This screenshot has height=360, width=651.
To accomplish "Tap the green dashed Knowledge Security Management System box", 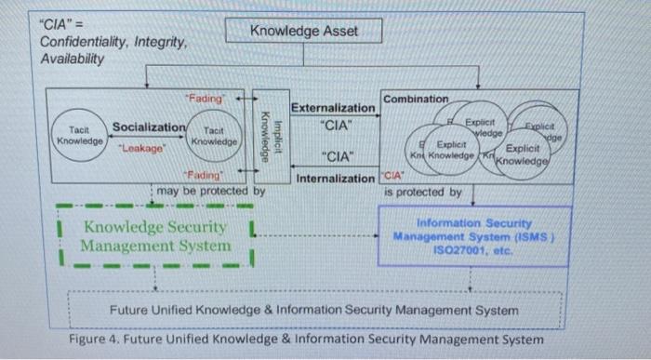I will click(155, 236).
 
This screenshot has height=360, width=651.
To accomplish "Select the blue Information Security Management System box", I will click(474, 236).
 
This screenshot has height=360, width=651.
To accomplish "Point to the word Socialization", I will click(149, 127).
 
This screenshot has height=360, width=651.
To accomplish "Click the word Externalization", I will click(333, 108).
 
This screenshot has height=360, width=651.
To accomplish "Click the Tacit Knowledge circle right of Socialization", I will click(214, 138).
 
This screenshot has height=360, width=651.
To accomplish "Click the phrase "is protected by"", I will click(423, 192).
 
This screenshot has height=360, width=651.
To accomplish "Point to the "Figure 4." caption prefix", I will click(96, 339).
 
